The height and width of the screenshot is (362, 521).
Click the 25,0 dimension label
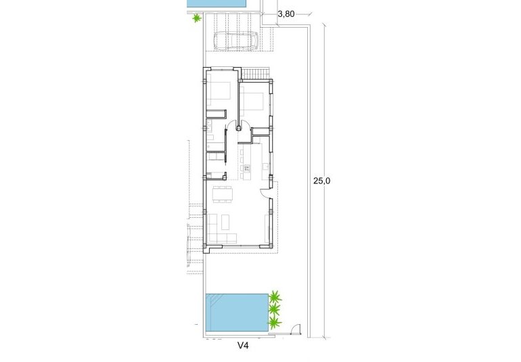pyautogui.click(x=321, y=181)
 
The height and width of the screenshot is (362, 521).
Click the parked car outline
pyautogui.click(x=236, y=41)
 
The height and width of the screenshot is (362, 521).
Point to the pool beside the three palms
pyautogui.click(x=236, y=313)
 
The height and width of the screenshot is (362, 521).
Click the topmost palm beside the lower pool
pyautogui.click(x=275, y=296)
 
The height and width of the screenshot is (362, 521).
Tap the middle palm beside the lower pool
pyautogui.click(x=274, y=310)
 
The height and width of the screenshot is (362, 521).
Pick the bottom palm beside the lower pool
pyautogui.click(x=274, y=323)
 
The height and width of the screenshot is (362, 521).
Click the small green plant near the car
pyautogui.click(x=196, y=18)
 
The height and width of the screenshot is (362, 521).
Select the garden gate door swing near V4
pyautogui.click(x=294, y=330)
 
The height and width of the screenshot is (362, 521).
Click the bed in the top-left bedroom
pyautogui.click(x=219, y=91)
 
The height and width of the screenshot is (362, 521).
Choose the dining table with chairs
pyautogui.click(x=221, y=195)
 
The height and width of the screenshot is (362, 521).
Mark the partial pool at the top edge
pyautogui.click(x=217, y=4)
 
